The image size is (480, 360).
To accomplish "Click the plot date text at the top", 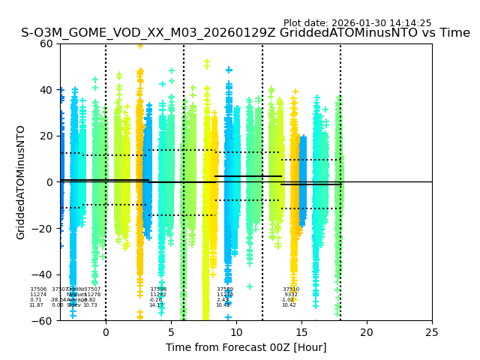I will [357, 23].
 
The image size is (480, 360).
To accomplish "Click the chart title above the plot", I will [245, 33].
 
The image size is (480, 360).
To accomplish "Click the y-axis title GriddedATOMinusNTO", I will [21, 182].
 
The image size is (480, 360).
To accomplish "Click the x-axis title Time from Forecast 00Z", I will [246, 347].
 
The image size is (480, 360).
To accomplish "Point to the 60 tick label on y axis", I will [46, 43].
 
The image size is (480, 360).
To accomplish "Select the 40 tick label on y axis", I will [46, 90].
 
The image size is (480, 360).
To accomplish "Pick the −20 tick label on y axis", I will [43, 229].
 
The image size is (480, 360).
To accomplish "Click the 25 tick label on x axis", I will [432, 332].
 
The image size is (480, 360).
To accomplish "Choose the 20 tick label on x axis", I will [367, 332].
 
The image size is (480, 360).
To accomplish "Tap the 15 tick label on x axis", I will [301, 332].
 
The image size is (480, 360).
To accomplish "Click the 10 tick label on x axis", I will [236, 332].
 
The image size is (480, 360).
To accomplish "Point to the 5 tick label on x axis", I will [171, 332].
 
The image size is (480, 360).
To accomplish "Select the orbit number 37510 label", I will [291, 289].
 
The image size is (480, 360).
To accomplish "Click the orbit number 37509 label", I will [225, 289].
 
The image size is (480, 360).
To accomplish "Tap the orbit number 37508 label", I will [158, 289].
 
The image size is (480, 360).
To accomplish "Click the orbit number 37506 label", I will [38, 289].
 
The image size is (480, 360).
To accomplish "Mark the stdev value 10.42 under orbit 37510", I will [289, 305].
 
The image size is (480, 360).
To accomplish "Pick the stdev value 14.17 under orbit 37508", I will [156, 305].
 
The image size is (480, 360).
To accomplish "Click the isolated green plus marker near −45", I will [250, 286].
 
